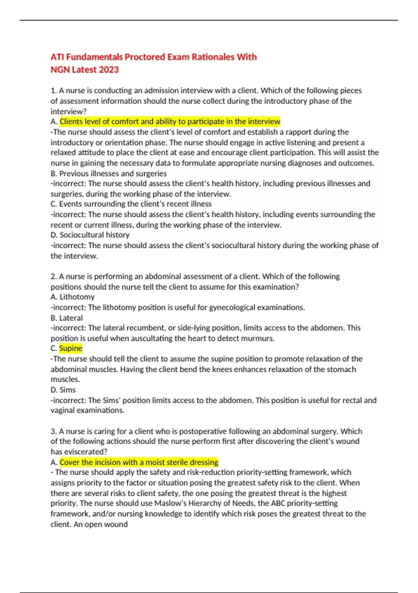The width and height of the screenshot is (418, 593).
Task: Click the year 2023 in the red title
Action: [x=109, y=70]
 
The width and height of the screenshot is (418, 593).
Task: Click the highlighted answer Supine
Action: [x=71, y=348]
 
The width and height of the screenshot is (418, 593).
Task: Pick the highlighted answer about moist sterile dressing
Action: [x=139, y=462]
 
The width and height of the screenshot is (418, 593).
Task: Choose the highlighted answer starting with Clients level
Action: [x=170, y=121]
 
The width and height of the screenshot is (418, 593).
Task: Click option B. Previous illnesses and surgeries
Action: [x=109, y=173]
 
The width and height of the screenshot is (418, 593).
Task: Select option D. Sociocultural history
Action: [x=90, y=235]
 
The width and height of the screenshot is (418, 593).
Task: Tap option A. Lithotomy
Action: [x=72, y=297]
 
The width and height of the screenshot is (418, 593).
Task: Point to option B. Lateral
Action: [x=67, y=318]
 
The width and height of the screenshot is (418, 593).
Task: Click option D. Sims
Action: [x=63, y=390]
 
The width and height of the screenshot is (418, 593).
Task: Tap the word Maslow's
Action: [x=171, y=503]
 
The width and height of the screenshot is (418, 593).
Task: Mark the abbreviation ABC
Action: [x=278, y=503]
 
